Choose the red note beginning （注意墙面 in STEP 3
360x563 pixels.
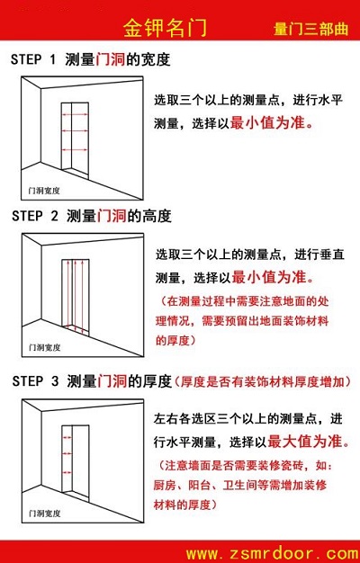tap(251, 485)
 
